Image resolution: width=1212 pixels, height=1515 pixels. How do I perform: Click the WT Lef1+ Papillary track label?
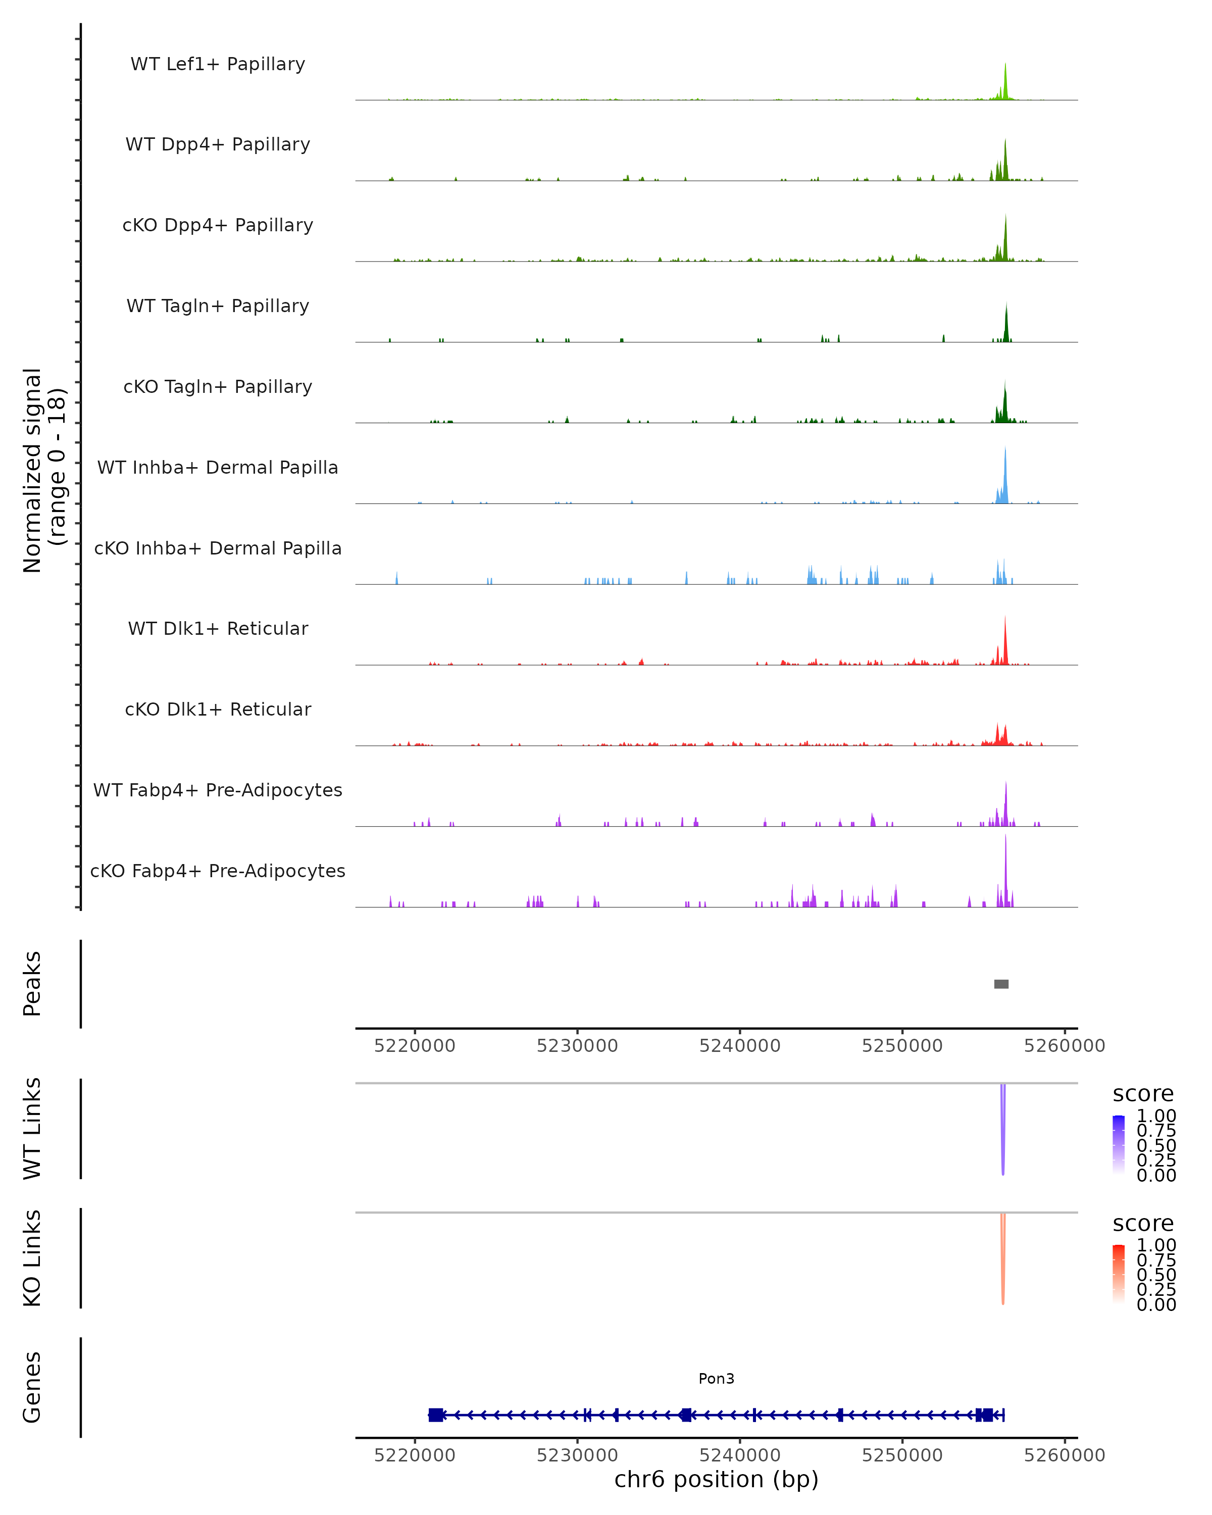point(218,64)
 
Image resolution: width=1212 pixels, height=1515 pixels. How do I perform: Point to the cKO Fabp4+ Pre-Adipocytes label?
point(218,871)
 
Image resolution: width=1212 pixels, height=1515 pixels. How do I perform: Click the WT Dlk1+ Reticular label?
point(218,628)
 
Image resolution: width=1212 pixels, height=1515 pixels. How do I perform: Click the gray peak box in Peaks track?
point(1001,984)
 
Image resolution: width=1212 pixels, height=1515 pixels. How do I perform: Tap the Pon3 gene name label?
point(716,1379)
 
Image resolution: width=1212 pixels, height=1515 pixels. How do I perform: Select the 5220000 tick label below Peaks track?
point(415,1046)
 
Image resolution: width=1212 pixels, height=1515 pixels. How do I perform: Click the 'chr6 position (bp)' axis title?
point(716,1480)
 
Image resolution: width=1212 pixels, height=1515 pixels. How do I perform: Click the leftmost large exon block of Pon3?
point(436,1415)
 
